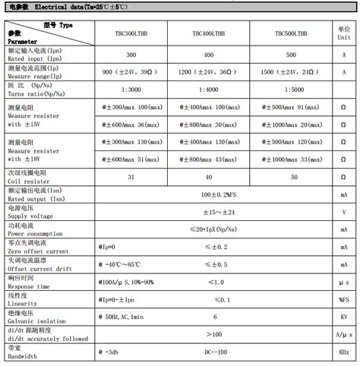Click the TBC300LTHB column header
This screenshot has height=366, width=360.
coord(136,33)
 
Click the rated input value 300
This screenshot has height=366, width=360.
coord(131,55)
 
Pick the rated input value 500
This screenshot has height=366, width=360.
coord(291,55)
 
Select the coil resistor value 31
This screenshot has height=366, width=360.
coord(131,177)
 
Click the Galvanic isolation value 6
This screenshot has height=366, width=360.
coord(216,316)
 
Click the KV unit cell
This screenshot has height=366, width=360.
coord(344,316)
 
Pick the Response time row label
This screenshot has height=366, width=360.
coord(30,283)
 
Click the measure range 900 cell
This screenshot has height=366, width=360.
coord(131,73)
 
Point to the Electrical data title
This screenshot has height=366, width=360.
coord(65,6)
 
